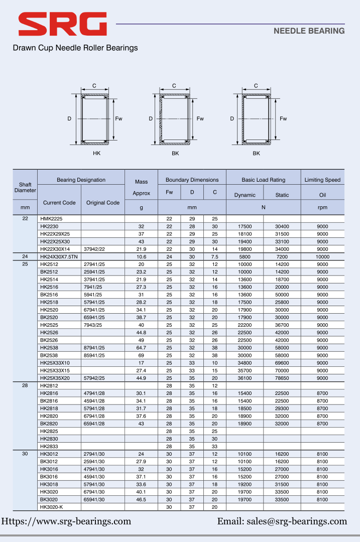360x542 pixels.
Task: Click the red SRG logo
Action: [x=62, y=24]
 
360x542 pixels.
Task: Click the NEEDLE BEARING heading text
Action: [x=309, y=31]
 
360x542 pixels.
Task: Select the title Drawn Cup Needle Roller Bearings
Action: [x=75, y=48]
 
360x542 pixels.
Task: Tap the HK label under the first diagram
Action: [x=97, y=153]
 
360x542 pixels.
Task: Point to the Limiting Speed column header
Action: [x=322, y=180]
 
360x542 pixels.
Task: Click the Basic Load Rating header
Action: [x=263, y=180]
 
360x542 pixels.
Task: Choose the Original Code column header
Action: [x=102, y=203]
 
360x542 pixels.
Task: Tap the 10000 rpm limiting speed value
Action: [x=322, y=256]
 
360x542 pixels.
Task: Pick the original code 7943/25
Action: [x=93, y=325]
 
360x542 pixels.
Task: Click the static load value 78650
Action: [x=282, y=378]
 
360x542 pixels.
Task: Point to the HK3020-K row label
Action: [x=51, y=507]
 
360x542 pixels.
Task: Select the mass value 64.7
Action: [x=141, y=347]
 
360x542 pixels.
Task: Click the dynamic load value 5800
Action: [x=245, y=256]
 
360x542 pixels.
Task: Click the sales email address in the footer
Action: [x=282, y=521]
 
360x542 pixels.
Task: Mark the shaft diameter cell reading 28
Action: [x=25, y=385]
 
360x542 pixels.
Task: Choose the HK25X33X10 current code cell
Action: [x=55, y=363]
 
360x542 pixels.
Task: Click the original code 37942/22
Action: [x=94, y=249]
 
